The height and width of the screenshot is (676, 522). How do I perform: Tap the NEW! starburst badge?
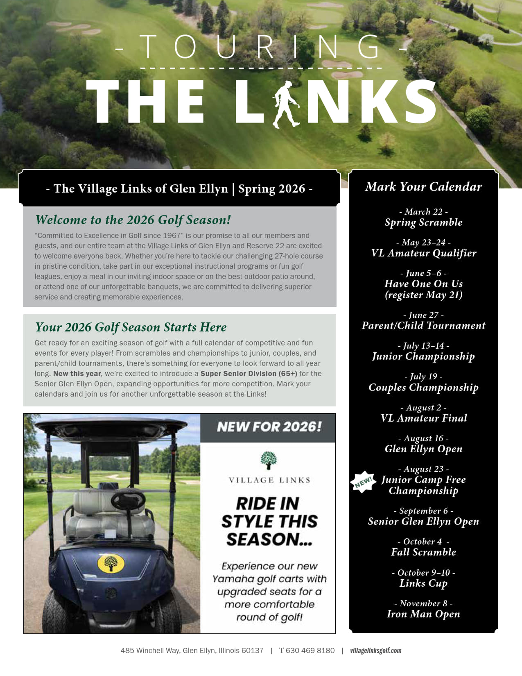coord(363,481)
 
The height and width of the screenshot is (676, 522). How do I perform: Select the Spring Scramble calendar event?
coord(423,222)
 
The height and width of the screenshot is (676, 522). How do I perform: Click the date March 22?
coord(423,212)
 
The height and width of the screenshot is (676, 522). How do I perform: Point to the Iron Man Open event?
coord(423,614)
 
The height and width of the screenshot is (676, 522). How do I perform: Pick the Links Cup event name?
coord(423,583)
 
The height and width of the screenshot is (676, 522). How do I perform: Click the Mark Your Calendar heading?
coord(423,187)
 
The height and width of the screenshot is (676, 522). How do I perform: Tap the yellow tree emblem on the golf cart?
coord(111,563)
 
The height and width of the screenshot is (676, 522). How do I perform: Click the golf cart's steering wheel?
coord(128,500)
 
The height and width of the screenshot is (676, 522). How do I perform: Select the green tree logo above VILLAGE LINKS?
coord(269,460)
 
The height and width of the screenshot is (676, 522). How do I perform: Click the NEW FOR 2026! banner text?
coord(269,427)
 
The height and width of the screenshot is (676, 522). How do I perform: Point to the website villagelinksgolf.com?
coord(375,651)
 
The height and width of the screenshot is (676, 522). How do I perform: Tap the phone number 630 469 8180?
coord(310,651)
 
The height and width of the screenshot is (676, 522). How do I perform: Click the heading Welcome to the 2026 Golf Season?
coord(133,220)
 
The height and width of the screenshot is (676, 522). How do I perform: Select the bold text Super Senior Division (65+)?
coord(249,374)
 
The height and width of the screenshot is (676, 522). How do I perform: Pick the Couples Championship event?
coord(423,388)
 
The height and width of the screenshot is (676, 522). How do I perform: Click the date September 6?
coord(423,511)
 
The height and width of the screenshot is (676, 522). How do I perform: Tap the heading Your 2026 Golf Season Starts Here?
coord(131,327)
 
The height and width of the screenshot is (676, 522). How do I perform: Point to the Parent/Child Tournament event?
coord(423,326)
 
